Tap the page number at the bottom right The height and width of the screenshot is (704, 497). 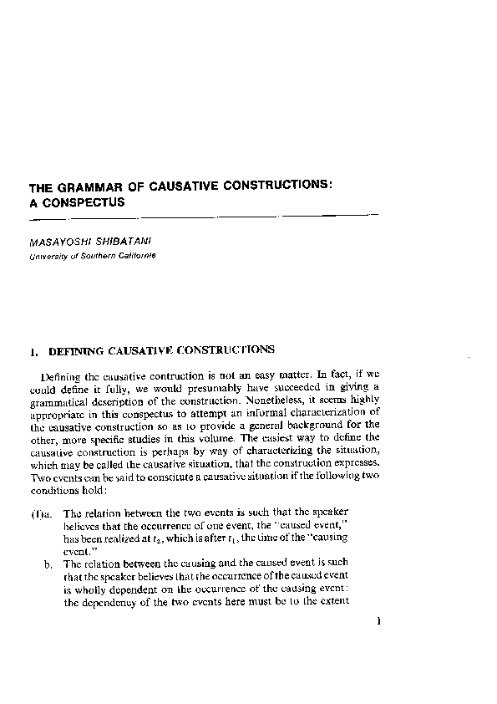coord(378,621)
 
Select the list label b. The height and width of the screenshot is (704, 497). coord(49,564)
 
